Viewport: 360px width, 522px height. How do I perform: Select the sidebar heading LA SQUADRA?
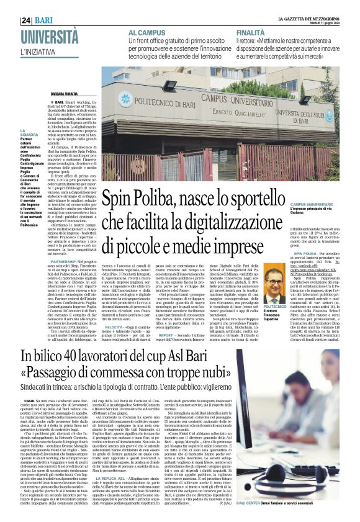tap(12, 132)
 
